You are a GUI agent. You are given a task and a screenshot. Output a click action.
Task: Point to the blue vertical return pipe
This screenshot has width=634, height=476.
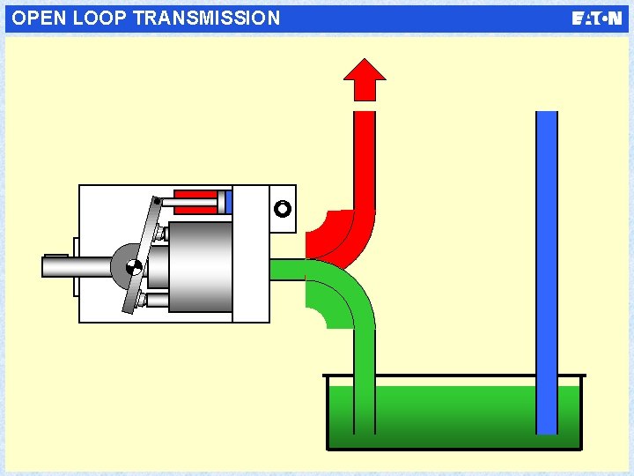[x=547, y=264]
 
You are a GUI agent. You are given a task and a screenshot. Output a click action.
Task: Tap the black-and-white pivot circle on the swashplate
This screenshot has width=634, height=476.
[x=132, y=267]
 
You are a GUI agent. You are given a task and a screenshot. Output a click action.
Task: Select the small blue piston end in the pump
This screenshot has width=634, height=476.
[x=228, y=202]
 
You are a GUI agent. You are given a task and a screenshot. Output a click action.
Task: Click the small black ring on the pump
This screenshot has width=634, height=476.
[x=282, y=210]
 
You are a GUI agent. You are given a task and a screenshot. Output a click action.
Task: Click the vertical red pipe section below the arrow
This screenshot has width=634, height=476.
[x=364, y=159]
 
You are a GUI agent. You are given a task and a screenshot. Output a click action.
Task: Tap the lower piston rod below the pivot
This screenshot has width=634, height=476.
[x=158, y=301]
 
